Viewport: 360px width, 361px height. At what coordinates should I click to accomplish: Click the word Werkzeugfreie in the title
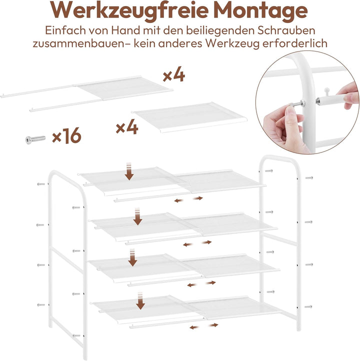129,11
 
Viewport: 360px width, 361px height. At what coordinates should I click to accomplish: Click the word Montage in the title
261,11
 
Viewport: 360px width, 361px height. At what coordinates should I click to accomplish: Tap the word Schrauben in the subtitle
286,30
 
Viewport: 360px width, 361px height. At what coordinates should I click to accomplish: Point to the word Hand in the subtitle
125,30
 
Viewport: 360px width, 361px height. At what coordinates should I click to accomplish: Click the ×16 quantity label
67,135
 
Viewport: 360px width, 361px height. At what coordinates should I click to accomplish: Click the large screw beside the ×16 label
35,139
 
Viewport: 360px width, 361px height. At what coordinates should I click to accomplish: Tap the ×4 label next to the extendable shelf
174,74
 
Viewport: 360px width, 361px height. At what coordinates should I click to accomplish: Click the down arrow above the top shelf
129,171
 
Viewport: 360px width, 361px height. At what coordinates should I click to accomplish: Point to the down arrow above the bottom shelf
140,301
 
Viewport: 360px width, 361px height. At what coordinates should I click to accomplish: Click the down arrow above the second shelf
137,216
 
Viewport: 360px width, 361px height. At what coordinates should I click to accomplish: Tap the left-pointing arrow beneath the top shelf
178,201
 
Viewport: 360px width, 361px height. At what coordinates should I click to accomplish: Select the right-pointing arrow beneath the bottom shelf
213,325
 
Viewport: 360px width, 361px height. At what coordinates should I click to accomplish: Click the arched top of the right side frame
280,159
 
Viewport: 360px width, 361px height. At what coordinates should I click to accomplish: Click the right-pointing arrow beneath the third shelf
210,282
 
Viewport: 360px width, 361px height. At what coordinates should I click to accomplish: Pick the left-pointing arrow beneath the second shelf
187,244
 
